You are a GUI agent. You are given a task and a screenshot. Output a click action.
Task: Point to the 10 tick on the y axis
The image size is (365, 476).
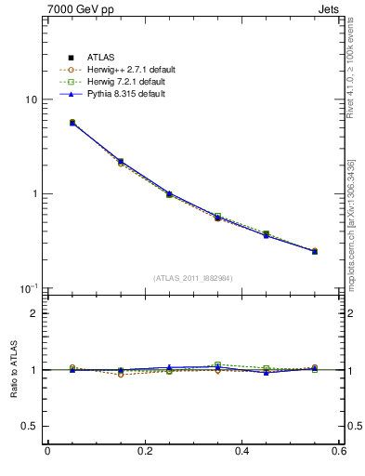tap(31, 99)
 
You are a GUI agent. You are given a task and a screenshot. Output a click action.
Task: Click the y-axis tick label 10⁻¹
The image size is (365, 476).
tap(29, 288)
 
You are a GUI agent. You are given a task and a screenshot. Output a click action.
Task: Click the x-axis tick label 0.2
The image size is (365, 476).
tap(144, 452)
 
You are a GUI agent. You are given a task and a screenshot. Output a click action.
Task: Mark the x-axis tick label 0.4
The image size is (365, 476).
tap(241, 452)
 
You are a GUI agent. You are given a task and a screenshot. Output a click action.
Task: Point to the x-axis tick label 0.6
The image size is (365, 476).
tap(338, 452)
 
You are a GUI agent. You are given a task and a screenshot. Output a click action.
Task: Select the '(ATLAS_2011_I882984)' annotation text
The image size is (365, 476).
tap(193, 278)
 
